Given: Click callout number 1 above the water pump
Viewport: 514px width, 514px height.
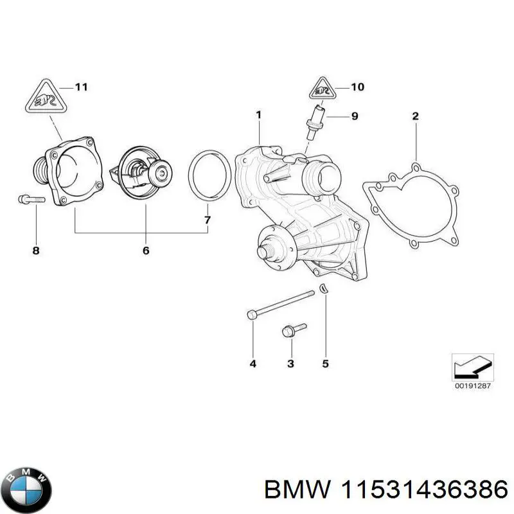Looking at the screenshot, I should [258, 115].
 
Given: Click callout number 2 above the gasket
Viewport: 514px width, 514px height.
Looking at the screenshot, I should [415, 116].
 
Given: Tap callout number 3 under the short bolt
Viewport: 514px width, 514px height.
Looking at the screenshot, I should [290, 364].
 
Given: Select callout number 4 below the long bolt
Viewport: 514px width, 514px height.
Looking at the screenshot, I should [253, 364].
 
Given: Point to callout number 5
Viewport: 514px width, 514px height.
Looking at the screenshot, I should [325, 364].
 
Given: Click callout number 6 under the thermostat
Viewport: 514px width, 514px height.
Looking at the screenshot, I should [145, 250].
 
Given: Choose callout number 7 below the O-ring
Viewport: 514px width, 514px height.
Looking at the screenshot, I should [208, 220].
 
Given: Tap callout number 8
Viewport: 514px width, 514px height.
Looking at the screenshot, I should [36, 250].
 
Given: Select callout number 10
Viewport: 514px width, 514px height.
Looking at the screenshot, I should [358, 87].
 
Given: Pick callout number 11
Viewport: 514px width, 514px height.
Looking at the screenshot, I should [81, 87].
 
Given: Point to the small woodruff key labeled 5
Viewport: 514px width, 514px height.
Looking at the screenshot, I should [324, 288].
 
